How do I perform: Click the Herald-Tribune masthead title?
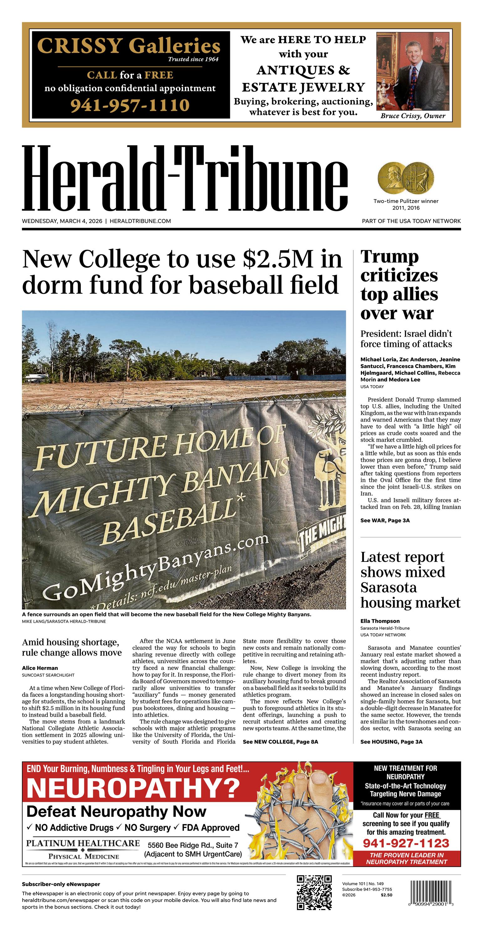point(185,178)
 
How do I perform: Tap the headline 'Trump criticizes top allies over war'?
point(399,285)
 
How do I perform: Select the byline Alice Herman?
point(40,668)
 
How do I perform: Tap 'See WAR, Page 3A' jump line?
point(385,521)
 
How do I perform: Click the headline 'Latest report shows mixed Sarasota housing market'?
point(410,579)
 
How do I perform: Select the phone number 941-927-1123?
point(406,843)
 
